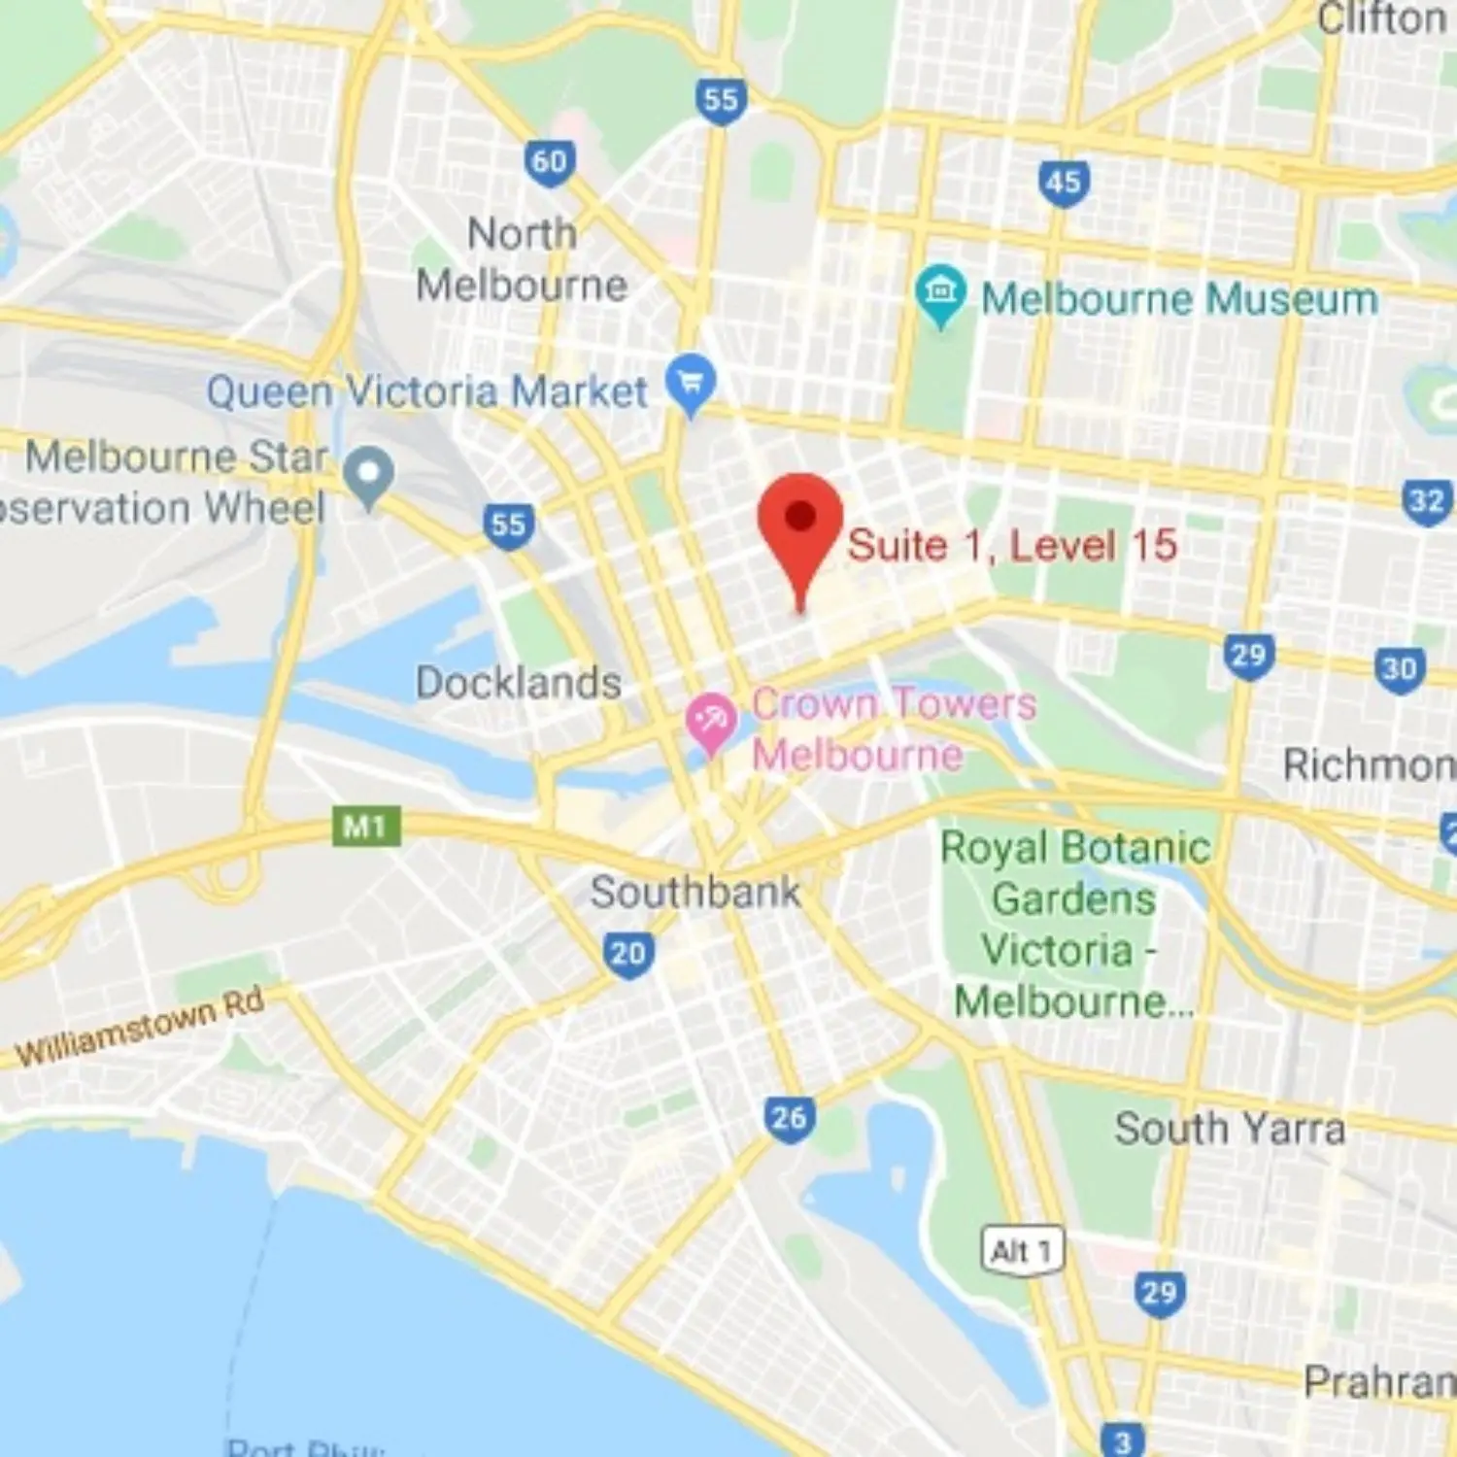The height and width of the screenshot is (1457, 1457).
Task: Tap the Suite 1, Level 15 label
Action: click(1012, 545)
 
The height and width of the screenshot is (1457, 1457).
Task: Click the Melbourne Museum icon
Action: click(940, 293)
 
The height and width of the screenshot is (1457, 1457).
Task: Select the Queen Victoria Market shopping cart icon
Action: click(691, 384)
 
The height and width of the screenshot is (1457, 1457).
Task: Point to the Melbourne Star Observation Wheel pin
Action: click(369, 475)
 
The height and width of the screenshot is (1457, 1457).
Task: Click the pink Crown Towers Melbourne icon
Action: click(710, 722)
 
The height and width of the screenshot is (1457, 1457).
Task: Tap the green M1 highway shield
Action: click(365, 827)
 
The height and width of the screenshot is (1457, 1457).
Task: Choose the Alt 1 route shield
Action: click(1021, 1251)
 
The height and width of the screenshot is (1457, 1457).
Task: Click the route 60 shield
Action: click(550, 162)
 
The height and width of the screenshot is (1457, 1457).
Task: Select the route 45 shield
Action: click(1063, 183)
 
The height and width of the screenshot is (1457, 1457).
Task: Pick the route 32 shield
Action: click(1427, 501)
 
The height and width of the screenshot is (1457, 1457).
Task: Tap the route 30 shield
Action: click(1400, 669)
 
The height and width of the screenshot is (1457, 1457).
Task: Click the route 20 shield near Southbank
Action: click(627, 954)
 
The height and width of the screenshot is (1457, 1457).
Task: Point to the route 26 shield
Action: click(788, 1118)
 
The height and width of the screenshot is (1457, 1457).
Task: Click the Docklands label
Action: click(519, 683)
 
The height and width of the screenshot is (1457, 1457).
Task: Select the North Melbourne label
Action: click(522, 259)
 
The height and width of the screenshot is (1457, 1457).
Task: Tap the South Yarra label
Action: click(1230, 1129)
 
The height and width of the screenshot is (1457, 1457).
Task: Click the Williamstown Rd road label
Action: click(141, 1028)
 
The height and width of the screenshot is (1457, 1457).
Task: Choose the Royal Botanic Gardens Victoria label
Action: click(1074, 924)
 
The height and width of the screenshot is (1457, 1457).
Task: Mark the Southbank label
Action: click(695, 892)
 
